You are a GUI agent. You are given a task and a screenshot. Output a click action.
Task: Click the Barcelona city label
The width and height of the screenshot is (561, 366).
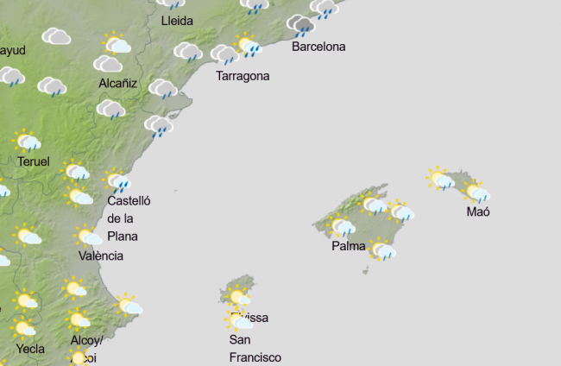point(318,47)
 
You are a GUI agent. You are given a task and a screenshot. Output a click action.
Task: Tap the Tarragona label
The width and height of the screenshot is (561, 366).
point(243,76)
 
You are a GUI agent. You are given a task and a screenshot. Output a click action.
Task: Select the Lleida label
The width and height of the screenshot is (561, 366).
point(177,21)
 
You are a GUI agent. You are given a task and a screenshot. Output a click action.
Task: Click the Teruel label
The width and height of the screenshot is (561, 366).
point(33,161)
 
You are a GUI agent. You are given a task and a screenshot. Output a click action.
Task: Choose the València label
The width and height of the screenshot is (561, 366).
point(101,256)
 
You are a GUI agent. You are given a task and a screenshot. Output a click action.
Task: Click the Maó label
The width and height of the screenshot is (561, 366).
point(477,211)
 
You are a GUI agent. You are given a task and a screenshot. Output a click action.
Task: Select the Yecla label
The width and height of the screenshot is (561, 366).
point(30,350)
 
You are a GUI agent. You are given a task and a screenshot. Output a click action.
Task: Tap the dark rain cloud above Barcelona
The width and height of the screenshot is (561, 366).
point(301,25)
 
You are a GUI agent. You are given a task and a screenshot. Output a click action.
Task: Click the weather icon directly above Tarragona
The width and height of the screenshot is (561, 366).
point(224,55)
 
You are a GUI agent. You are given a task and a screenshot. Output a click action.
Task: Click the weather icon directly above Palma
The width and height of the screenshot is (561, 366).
point(342,226)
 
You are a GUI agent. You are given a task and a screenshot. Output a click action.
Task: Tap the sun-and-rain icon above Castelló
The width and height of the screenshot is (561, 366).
point(118,180)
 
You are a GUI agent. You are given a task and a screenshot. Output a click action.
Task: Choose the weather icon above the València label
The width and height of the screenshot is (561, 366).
point(89,236)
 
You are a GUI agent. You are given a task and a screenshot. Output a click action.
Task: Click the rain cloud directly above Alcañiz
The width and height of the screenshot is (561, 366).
point(108,64)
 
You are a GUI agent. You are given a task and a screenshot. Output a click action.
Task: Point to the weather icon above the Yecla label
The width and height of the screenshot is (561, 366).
point(23,327)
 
